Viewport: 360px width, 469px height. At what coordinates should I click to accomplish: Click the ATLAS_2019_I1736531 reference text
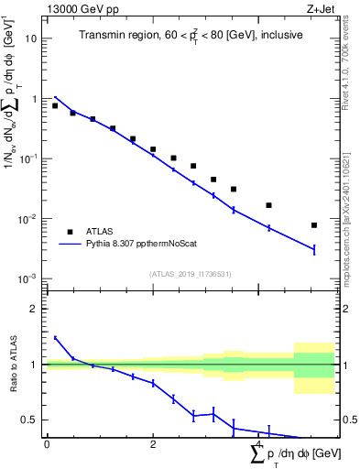click(191, 273)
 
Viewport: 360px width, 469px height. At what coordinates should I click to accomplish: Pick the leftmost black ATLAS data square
click(55, 106)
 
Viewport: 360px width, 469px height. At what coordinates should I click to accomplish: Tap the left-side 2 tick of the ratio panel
click(34, 309)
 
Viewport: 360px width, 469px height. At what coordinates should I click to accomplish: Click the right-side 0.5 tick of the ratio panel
click(347, 420)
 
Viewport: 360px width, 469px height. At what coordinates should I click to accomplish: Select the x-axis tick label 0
click(47, 444)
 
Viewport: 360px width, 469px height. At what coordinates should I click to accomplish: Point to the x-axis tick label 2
click(153, 444)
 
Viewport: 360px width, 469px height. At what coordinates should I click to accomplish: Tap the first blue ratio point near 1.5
click(55, 338)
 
